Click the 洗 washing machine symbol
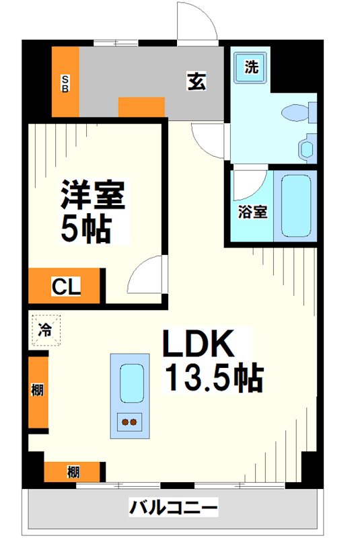click(251, 67)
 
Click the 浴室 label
click(252, 212)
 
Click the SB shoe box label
click(65, 83)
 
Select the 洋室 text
click(93, 195)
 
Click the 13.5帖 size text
click(214, 380)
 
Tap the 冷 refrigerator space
click(44, 330)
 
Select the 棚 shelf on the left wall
click(38, 391)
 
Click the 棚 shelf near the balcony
click(73, 471)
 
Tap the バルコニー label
click(174, 506)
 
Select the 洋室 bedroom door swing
click(147, 274)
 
